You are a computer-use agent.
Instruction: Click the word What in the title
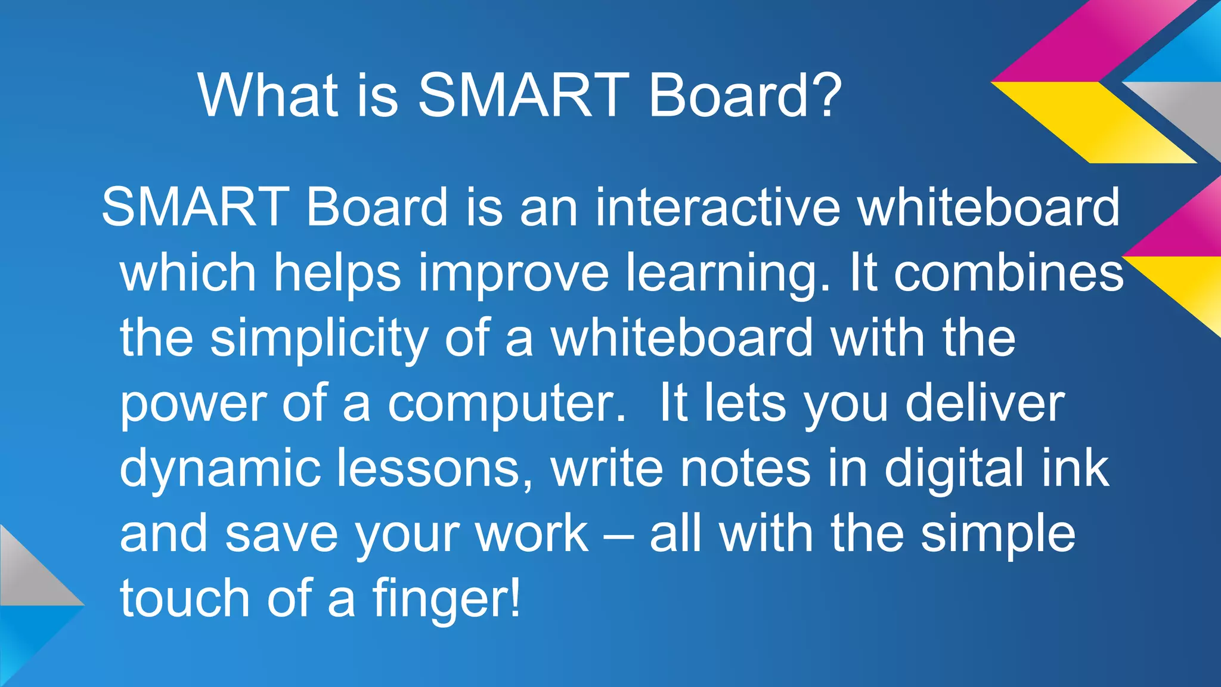(x=268, y=95)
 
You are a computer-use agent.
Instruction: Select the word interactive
(x=717, y=207)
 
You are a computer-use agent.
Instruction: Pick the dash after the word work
(x=618, y=534)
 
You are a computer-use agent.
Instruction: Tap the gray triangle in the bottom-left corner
(x=27, y=572)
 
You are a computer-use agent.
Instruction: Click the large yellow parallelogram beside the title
(x=1094, y=122)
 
